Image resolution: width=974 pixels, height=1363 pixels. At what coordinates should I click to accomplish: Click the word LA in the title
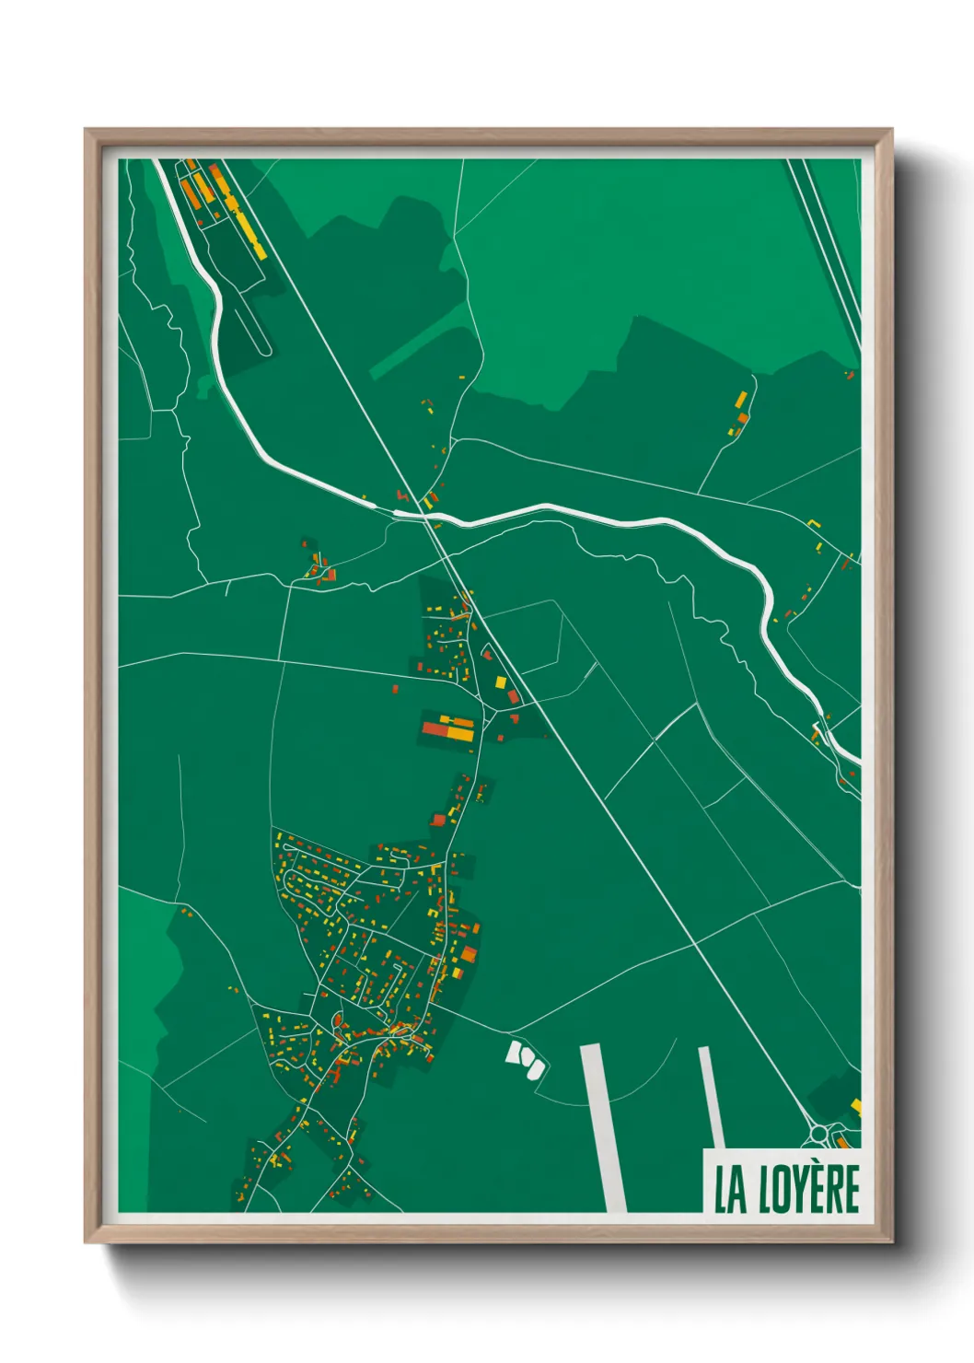pos(730,1190)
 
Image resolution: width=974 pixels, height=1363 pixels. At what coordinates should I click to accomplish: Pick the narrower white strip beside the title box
pos(710,1096)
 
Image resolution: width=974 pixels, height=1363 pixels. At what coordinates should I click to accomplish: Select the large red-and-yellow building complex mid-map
pos(448,728)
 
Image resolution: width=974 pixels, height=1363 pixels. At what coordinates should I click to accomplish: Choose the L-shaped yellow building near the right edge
pos(813,523)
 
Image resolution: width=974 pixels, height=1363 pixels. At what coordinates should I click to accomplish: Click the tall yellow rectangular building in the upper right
pos(741,401)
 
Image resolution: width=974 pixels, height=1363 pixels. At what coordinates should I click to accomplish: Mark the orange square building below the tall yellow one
pos(742,418)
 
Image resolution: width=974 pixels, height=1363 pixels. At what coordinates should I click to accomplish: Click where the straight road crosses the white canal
pos(427,517)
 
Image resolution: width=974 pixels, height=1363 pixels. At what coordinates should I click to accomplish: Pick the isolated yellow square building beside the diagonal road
pos(501,682)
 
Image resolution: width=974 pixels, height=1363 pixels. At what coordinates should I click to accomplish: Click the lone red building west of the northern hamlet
pos(396,688)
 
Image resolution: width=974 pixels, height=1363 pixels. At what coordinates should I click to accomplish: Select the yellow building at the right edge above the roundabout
pos(855,1105)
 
